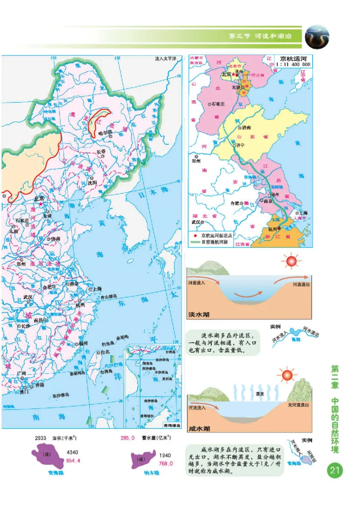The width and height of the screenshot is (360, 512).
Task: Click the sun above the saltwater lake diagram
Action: tap(287, 375)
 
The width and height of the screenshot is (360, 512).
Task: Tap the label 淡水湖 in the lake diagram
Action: tap(199, 314)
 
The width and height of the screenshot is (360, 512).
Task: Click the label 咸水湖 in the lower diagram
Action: tap(199, 428)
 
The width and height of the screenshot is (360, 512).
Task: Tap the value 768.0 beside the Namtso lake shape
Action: tap(165, 463)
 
